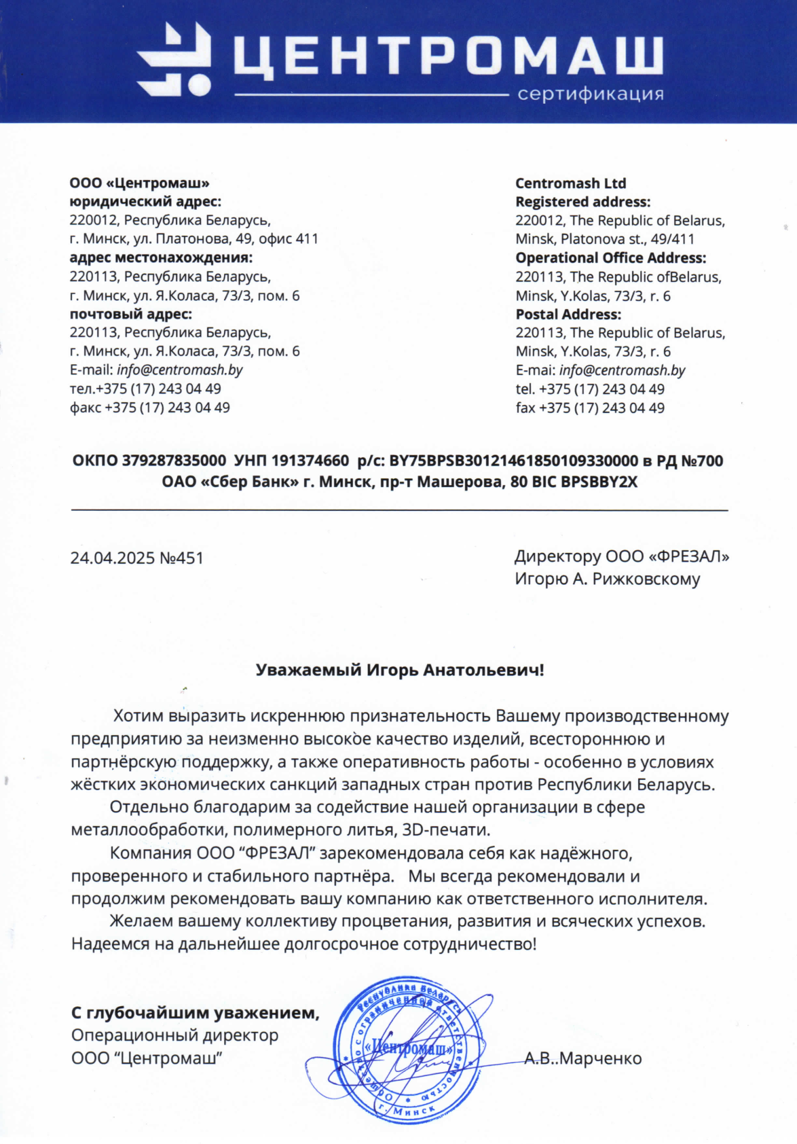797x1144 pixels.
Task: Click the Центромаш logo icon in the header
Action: tap(174, 59)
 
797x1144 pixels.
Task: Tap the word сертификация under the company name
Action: tap(590, 94)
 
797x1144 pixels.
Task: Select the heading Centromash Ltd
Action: tap(570, 183)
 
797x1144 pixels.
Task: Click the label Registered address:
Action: tap(582, 202)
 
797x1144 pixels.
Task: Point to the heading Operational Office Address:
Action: tap(610, 258)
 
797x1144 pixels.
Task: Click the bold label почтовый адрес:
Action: tap(130, 314)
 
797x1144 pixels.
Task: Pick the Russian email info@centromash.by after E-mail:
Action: tap(180, 370)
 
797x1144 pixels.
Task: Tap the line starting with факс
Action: tap(149, 408)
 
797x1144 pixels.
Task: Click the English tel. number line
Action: tap(589, 389)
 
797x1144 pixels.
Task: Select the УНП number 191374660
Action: tap(310, 461)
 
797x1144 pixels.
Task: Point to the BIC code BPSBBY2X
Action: tap(599, 482)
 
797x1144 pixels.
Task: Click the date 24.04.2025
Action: tap(112, 558)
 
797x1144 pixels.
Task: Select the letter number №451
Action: tap(181, 558)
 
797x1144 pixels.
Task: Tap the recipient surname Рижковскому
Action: tap(646, 579)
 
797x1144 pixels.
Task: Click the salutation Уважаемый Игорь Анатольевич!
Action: tap(399, 670)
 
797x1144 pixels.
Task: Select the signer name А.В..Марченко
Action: tap(582, 1058)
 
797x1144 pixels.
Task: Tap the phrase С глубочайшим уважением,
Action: tap(195, 1013)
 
